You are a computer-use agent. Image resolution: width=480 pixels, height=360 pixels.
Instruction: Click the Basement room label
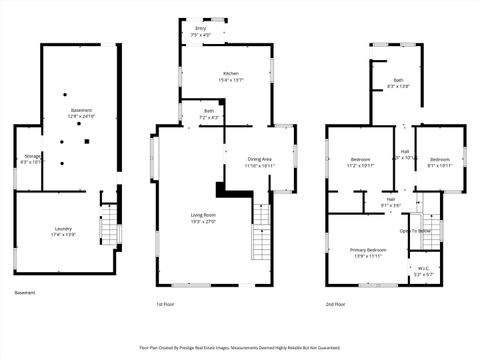tap(81, 110)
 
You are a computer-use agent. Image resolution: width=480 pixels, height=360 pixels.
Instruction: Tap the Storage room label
tap(33, 157)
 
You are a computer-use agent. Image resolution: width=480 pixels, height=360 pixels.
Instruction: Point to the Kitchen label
tap(230, 73)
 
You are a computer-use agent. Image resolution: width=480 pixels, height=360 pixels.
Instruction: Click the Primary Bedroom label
tap(368, 250)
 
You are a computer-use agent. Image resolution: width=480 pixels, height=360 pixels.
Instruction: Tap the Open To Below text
tap(415, 230)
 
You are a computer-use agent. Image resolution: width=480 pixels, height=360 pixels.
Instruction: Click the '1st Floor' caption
tap(166, 304)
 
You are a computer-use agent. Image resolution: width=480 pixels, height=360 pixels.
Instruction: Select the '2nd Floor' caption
tap(336, 304)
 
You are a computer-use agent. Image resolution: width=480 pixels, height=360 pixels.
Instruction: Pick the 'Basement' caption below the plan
tap(25, 293)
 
